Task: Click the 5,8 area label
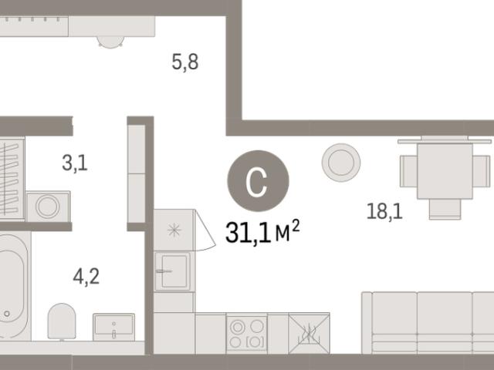point(185,62)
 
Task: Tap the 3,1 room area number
point(75,163)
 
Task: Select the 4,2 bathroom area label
point(86,277)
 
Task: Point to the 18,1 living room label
point(384,211)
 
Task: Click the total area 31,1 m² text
point(262,232)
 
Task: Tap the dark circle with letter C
point(258,181)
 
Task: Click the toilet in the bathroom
point(62,321)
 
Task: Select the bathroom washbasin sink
point(113,327)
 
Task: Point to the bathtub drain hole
point(7,314)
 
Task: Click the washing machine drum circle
point(48,207)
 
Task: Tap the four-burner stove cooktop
point(247,334)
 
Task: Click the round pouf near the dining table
point(341,163)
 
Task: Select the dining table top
point(445,171)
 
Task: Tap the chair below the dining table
point(445,209)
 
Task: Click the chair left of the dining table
point(408,171)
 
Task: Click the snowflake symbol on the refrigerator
point(174,230)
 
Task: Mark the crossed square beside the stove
point(309,334)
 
